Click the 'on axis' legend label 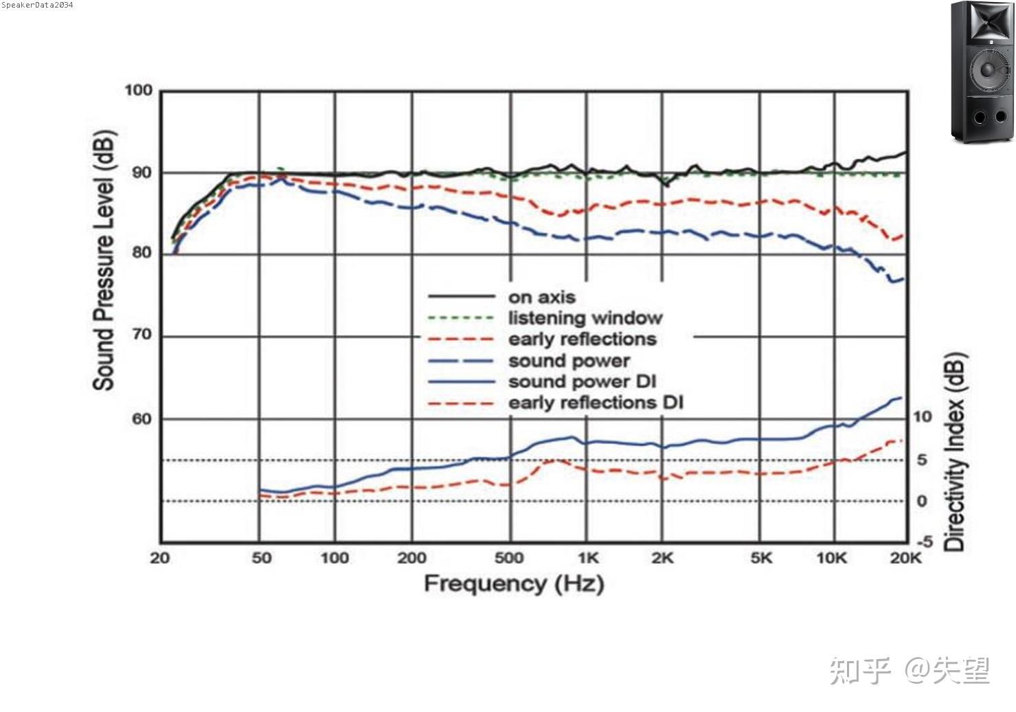541,297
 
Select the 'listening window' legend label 585,318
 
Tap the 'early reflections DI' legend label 596,403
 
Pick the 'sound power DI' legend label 582,381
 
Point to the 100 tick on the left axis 138,91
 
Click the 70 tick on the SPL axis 142,335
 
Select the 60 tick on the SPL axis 142,419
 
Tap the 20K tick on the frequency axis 905,558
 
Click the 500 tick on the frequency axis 509,558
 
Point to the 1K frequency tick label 588,558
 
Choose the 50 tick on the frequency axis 262,558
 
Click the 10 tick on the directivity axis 922,416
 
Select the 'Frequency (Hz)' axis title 514,583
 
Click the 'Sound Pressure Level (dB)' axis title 104,260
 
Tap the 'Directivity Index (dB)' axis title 955,452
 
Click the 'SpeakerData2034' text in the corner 37,5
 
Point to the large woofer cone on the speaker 987,69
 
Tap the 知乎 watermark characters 861,670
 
